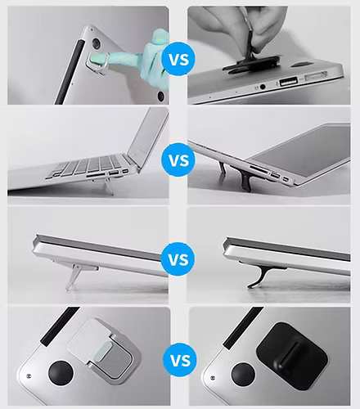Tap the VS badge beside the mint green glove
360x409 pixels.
179,59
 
